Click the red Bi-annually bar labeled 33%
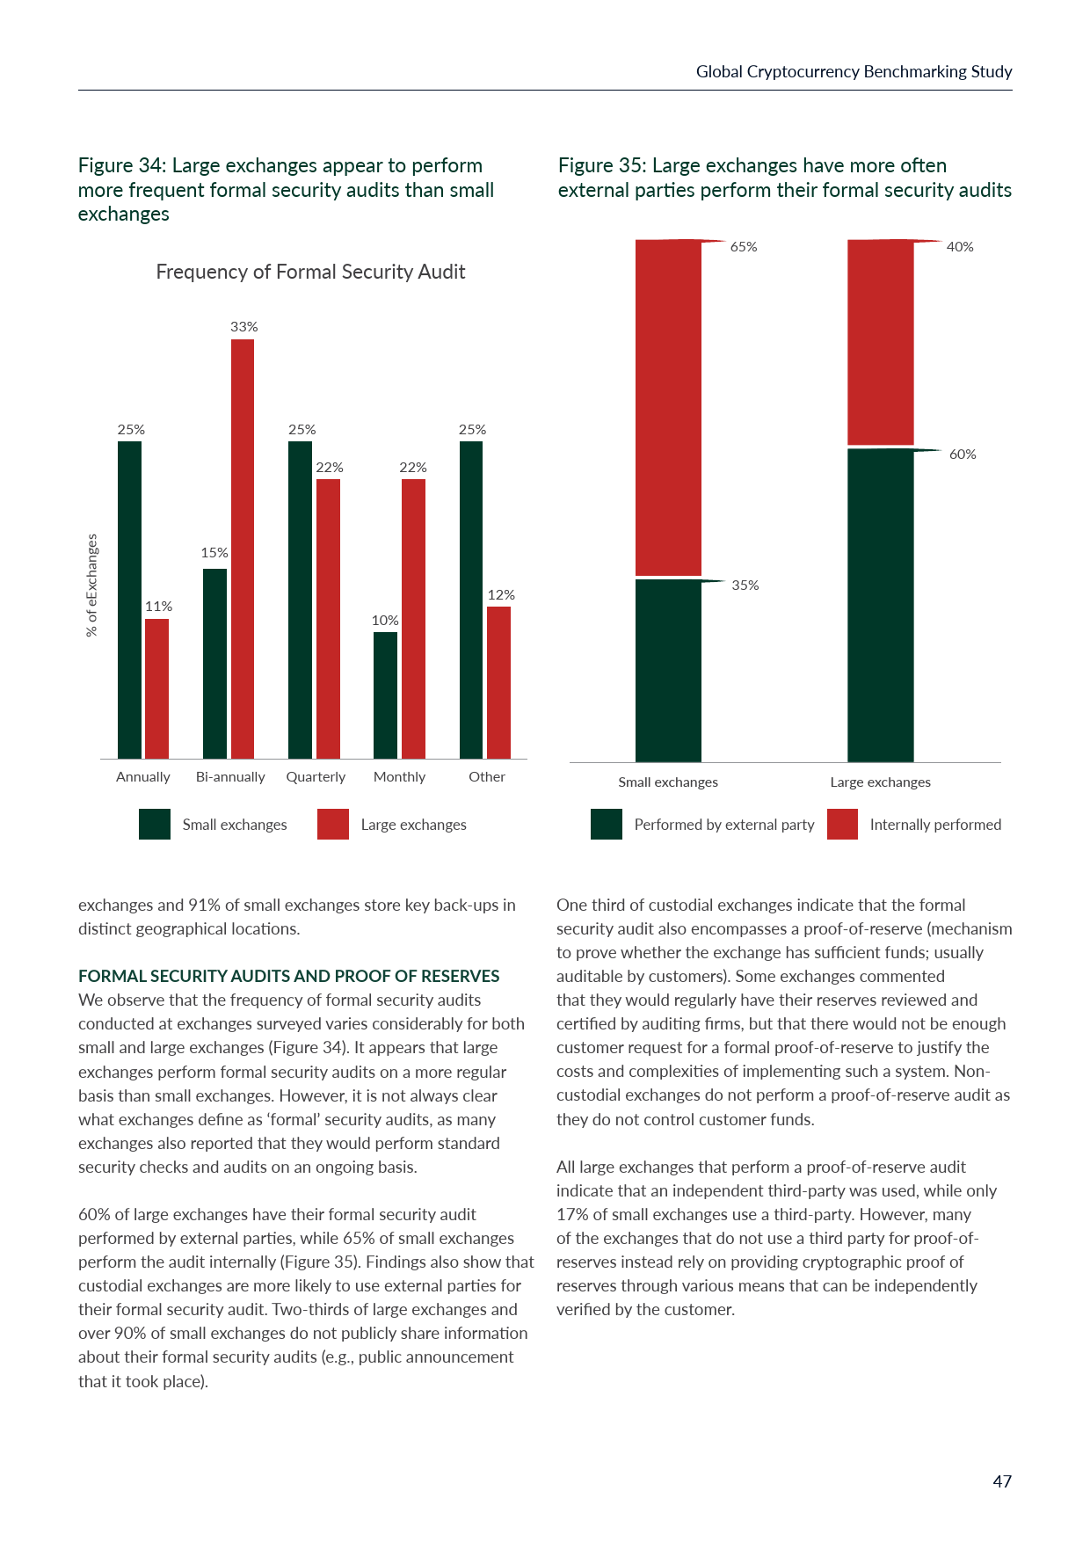coord(243,549)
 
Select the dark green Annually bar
coord(129,600)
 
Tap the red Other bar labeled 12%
coord(498,682)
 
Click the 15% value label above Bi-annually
coord(214,553)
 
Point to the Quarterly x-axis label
coord(316,777)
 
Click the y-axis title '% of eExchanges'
coord(92,586)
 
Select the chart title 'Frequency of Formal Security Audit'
coord(310,273)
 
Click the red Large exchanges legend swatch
coord(333,825)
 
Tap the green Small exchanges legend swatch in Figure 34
coord(155,825)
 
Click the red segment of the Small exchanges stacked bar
coord(668,408)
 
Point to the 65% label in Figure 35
coord(744,247)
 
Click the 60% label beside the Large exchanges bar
coord(963,455)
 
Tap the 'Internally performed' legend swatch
coord(842,825)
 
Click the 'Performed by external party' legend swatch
coord(607,825)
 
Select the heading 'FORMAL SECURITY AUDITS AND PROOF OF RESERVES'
coord(289,977)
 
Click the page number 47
coord(1002,1482)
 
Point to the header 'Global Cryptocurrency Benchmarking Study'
coord(854,72)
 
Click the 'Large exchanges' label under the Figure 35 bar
coord(880,782)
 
